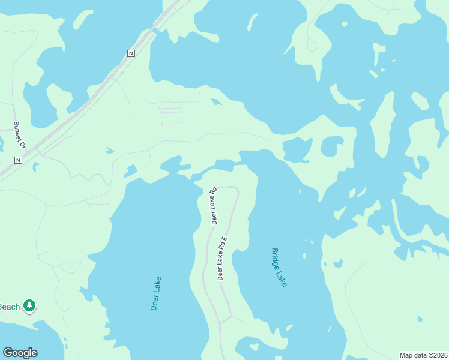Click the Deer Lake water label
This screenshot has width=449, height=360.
156,293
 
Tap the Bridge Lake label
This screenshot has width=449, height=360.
279,268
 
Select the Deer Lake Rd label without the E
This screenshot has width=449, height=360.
213,206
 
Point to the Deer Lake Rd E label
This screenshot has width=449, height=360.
221,259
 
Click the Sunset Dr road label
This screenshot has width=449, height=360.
20,135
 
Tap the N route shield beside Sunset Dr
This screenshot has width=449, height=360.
18,160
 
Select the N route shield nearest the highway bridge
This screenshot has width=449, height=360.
131,53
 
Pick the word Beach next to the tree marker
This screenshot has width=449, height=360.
10,306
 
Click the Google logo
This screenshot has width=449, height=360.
20,353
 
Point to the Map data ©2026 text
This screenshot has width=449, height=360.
423,355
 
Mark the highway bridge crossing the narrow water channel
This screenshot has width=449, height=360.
155,30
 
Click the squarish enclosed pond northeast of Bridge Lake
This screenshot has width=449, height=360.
331,146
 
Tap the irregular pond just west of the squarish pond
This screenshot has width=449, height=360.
297,149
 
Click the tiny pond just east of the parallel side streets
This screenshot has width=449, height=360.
216,101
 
